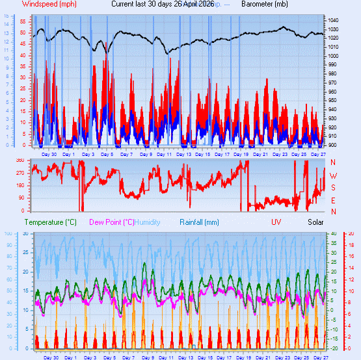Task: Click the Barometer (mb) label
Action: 264,4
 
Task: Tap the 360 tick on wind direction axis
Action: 20,161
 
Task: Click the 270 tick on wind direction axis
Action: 20,174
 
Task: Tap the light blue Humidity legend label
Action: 147,222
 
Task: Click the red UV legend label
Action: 276,222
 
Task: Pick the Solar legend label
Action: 315,222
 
